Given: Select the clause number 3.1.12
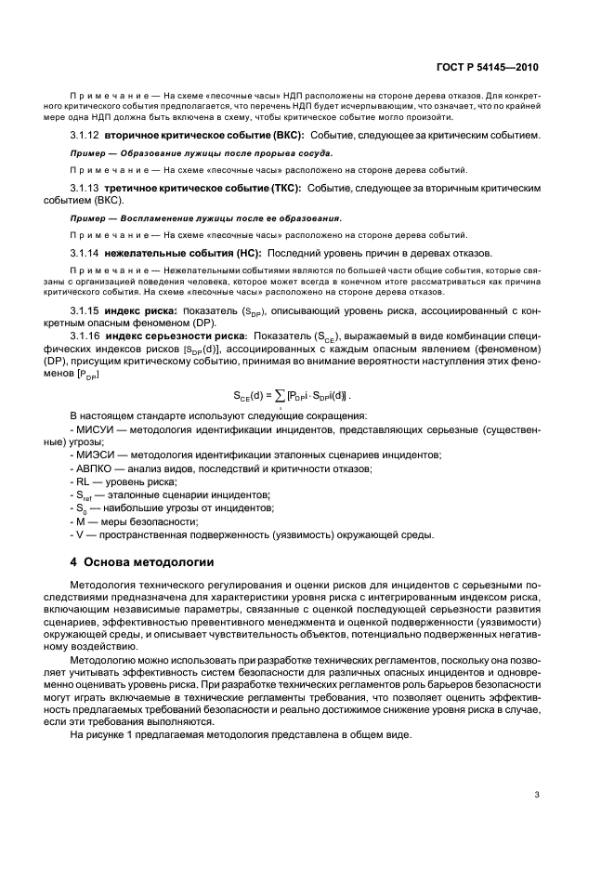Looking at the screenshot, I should (85, 136).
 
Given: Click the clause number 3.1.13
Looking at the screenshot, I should (85, 188).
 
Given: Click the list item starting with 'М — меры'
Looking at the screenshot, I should (125, 521).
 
